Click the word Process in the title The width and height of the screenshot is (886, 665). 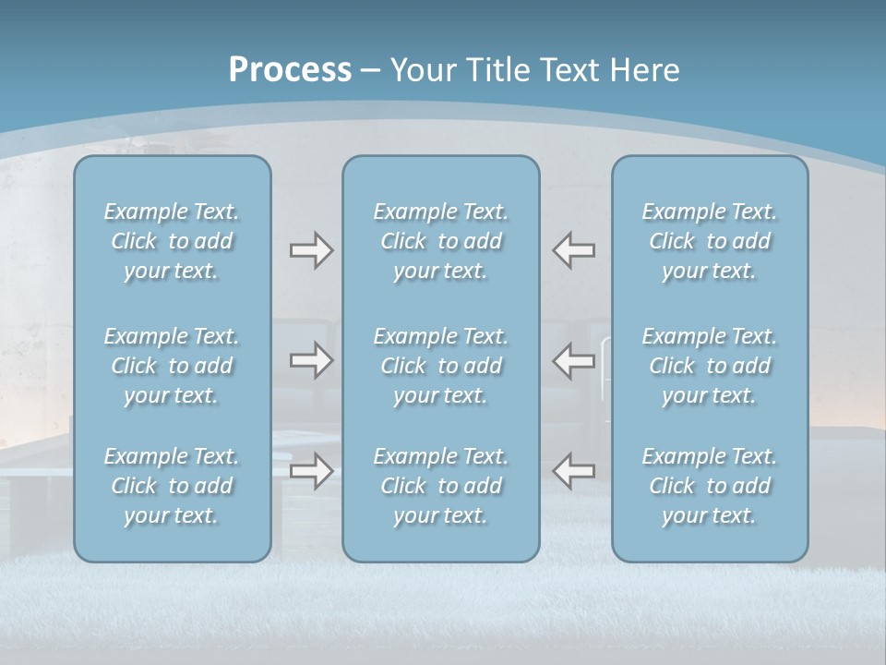tap(290, 70)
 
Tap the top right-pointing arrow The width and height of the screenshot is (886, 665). tap(311, 250)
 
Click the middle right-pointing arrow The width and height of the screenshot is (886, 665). tap(311, 360)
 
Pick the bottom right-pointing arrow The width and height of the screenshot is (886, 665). tap(311, 471)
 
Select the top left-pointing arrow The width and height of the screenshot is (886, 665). tap(573, 250)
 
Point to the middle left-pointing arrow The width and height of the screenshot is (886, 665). tap(573, 360)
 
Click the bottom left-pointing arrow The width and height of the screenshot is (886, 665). tap(573, 471)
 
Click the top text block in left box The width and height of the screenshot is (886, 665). tap(172, 241)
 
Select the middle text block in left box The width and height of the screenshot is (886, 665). tap(172, 366)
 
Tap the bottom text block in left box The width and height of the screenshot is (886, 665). tap(172, 486)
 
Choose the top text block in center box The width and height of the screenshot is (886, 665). tap(441, 241)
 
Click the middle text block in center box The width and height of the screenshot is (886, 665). tap(441, 366)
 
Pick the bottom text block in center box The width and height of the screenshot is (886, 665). tap(441, 486)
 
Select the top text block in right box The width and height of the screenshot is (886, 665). tap(710, 241)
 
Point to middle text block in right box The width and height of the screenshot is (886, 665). tap(710, 366)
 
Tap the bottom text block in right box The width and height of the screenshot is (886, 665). tap(710, 486)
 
